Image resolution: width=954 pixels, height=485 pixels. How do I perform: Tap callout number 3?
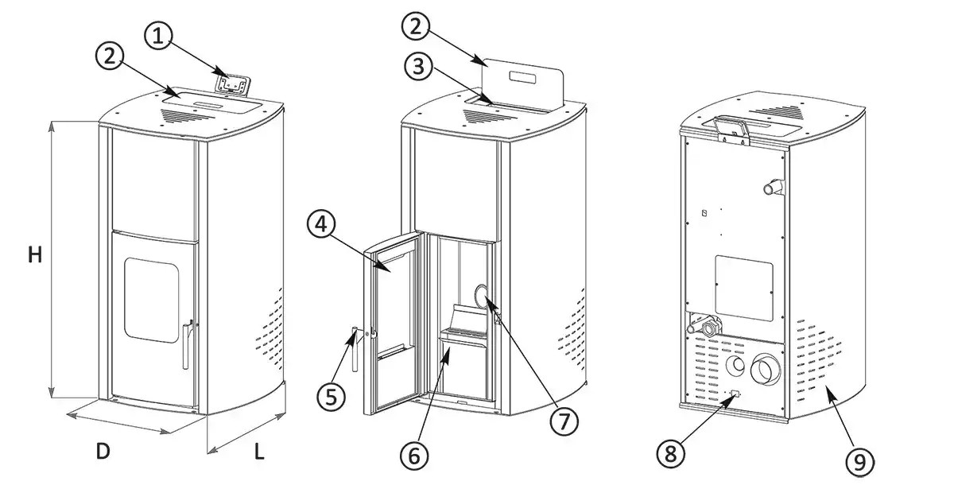(x=418, y=67)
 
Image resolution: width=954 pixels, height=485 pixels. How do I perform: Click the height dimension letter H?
(x=34, y=255)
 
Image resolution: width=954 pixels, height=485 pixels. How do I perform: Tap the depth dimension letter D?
(x=103, y=452)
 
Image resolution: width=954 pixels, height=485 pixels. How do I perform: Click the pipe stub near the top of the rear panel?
(x=771, y=188)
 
